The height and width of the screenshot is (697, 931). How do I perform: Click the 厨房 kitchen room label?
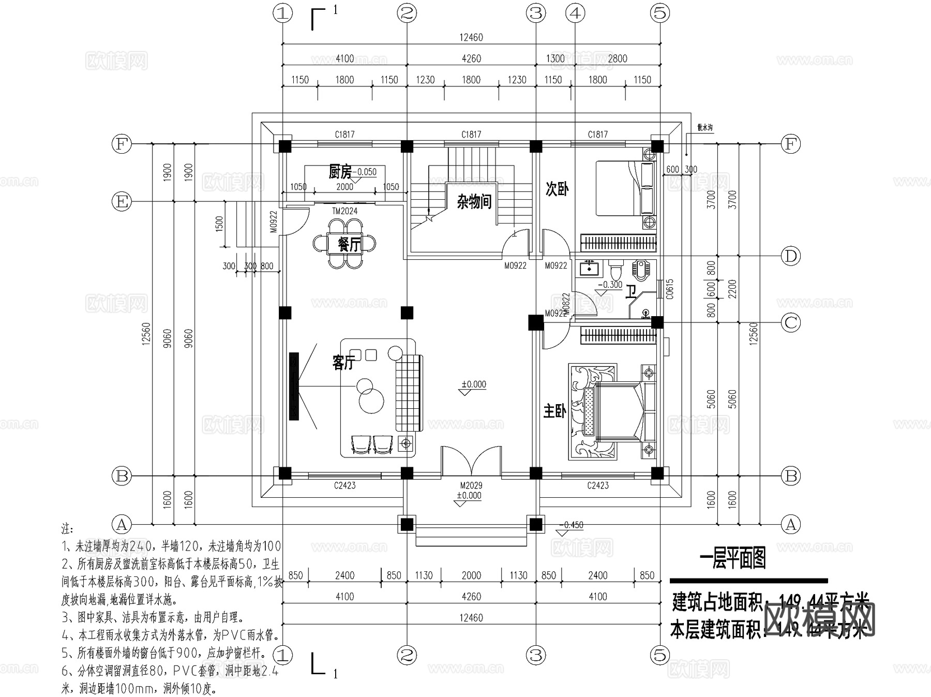click(340, 171)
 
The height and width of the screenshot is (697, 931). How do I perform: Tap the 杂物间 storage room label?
click(473, 201)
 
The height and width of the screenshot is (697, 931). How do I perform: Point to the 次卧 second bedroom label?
click(557, 189)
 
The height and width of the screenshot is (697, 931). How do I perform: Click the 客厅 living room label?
click(343, 362)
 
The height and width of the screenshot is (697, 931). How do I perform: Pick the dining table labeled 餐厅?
click(344, 243)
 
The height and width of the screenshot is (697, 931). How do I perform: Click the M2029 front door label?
click(471, 485)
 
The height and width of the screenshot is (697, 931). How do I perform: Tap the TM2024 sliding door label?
click(344, 211)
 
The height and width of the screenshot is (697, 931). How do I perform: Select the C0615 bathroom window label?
click(670, 290)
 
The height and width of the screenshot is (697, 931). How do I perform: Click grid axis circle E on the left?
click(122, 201)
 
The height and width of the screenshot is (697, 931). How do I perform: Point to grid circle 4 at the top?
click(575, 13)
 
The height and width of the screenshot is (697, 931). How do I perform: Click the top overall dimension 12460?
click(471, 37)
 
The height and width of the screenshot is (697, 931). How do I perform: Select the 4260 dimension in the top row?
click(471, 58)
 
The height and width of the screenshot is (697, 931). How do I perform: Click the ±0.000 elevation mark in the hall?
click(474, 384)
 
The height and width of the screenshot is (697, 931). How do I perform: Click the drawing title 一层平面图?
click(732, 558)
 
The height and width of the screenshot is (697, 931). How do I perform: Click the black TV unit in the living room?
click(294, 386)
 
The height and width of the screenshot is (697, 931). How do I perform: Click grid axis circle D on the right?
click(790, 256)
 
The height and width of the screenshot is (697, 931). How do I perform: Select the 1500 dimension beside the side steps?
click(219, 224)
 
